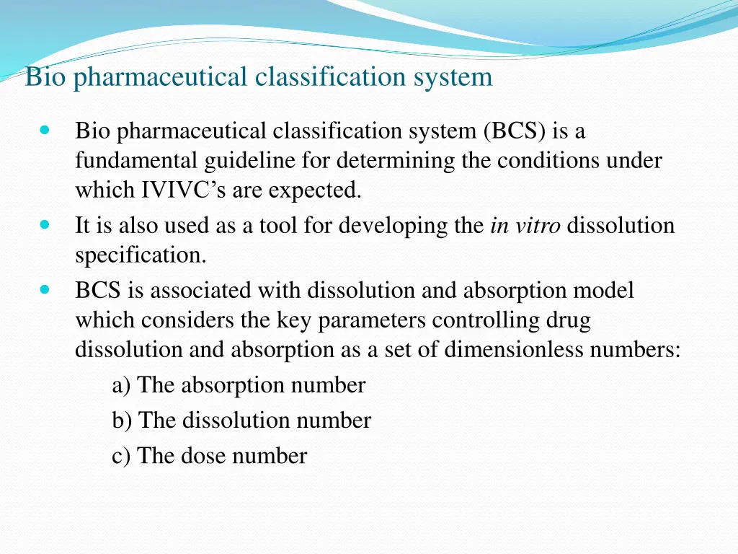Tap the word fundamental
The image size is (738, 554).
136,160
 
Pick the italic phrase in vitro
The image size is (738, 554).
525,226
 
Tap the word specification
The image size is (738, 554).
140,255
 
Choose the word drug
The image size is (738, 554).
569,320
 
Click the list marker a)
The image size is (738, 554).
121,385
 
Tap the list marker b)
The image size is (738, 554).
122,421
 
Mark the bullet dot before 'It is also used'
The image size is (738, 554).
45,225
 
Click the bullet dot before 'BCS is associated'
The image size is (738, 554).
45,290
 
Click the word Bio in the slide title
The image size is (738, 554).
45,76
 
